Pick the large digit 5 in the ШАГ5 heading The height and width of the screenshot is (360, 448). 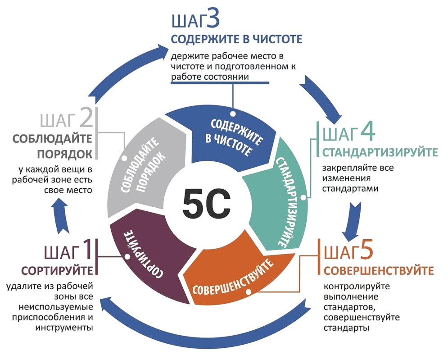[366, 252]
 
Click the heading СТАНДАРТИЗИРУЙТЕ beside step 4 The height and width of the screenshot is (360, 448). [379, 152]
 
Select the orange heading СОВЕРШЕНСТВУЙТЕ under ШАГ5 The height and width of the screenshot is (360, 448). [378, 271]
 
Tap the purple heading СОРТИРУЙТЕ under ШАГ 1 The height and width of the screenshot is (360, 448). [57, 271]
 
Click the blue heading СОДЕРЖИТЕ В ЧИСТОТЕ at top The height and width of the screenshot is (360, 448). [235, 39]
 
